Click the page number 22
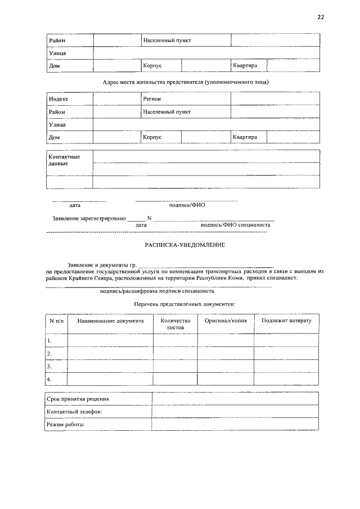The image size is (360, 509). pyautogui.click(x=321, y=17)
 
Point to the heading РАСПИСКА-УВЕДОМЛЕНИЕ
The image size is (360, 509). pyautogui.click(x=185, y=246)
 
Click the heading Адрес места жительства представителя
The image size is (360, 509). pyautogui.click(x=186, y=82)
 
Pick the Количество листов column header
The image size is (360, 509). pyautogui.click(x=175, y=323)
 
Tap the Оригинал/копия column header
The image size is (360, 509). pyautogui.click(x=226, y=321)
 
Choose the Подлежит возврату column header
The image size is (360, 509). pyautogui.click(x=286, y=321)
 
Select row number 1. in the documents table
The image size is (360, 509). pyautogui.click(x=49, y=341)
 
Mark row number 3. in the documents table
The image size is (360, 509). pyautogui.click(x=49, y=367)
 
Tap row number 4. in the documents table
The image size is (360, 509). pyautogui.click(x=49, y=380)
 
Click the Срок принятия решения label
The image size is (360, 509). pyautogui.click(x=78, y=399)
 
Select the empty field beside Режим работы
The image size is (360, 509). pyautogui.click(x=236, y=425)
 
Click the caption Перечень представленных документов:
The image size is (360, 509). pyautogui.click(x=184, y=304)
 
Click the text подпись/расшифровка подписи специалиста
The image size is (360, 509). pyautogui.click(x=156, y=291)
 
